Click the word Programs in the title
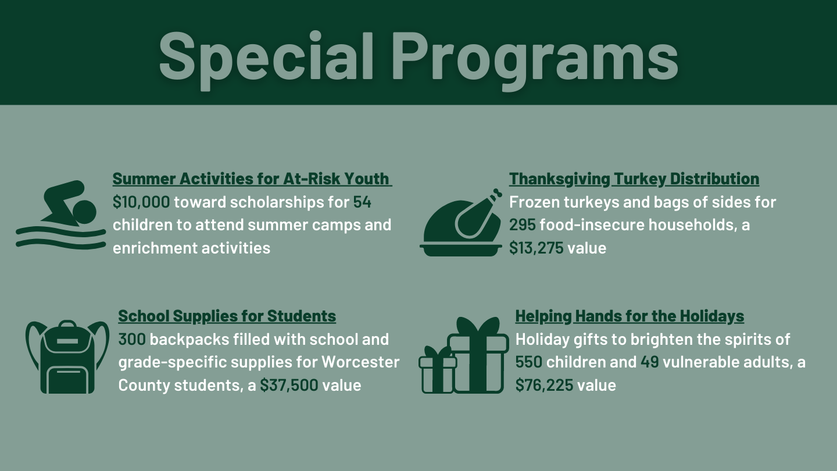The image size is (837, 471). click(x=535, y=60)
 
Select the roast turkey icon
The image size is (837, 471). click(x=461, y=223)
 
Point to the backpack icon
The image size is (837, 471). click(x=67, y=356)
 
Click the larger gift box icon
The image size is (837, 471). click(x=478, y=355)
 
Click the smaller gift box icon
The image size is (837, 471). click(x=438, y=370)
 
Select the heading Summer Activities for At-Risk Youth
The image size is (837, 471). click(x=252, y=179)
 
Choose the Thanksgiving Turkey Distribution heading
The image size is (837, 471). click(x=634, y=179)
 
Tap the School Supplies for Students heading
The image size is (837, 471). click(x=227, y=316)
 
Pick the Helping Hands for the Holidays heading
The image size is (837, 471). click(x=629, y=316)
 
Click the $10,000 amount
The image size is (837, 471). click(x=141, y=202)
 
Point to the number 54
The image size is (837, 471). click(x=362, y=202)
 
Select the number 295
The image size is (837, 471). click(x=523, y=225)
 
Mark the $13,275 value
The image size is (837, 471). click(x=536, y=248)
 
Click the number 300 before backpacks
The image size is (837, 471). click(x=132, y=340)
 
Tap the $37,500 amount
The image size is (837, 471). click(x=289, y=386)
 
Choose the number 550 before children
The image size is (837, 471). click(x=529, y=362)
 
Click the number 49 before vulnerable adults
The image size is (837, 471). click(x=650, y=362)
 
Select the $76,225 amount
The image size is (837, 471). click(x=545, y=386)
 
